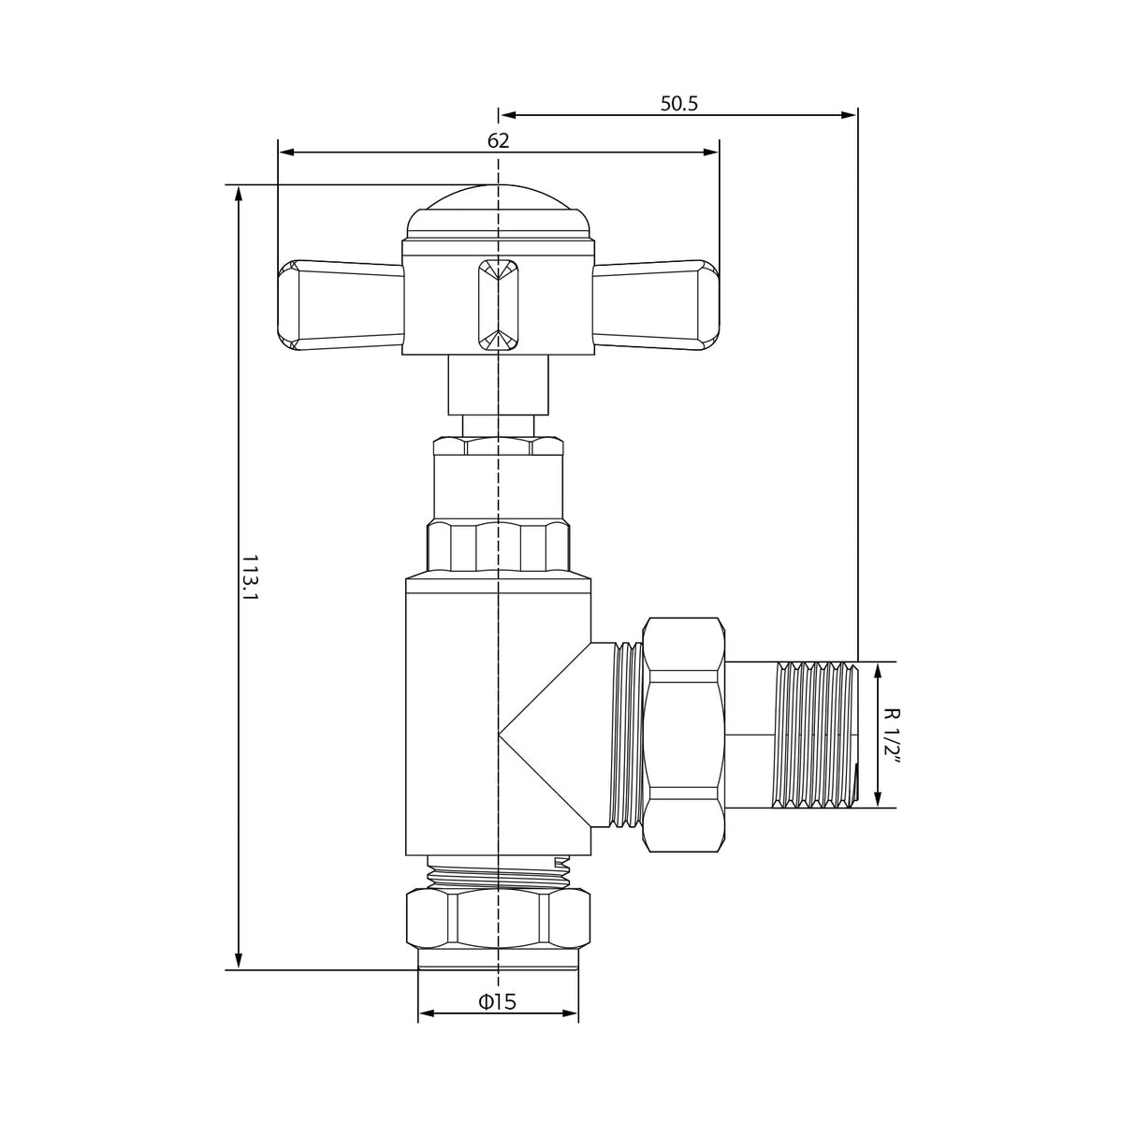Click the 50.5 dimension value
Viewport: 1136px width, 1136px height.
[x=679, y=103]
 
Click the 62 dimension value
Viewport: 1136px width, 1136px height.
[x=498, y=140]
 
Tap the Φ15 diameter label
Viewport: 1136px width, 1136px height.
[x=497, y=1002]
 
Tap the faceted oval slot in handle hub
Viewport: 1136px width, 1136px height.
[x=498, y=305]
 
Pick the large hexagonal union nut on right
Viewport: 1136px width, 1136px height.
[x=686, y=735]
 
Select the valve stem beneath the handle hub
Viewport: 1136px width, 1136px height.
[x=498, y=386]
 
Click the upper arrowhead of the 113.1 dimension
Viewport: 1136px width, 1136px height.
[x=239, y=193]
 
